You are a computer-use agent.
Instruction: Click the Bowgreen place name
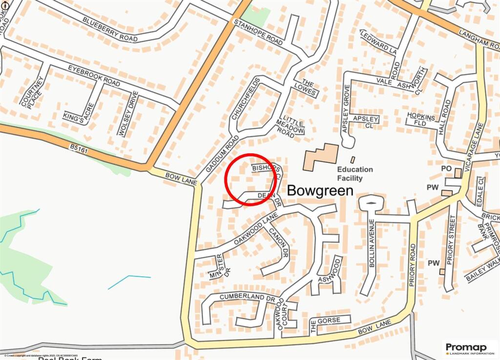coord(320,190)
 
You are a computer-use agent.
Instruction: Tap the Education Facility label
coord(355,174)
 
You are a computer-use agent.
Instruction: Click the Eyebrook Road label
coord(94,76)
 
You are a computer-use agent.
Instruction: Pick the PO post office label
coord(445,169)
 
